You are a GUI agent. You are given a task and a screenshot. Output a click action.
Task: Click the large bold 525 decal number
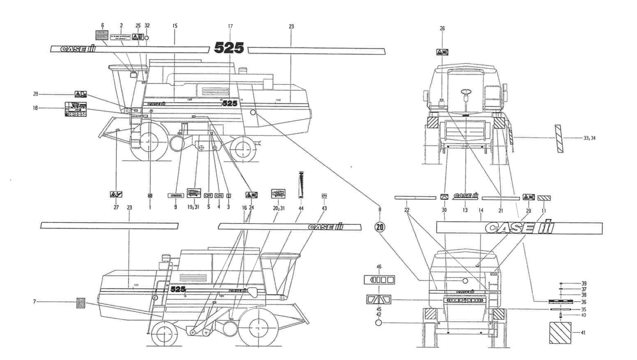pyautogui.click(x=229, y=48)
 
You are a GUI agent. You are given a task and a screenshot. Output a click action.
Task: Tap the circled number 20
pyautogui.click(x=379, y=227)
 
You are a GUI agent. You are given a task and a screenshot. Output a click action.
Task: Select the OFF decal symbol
pyautogui.click(x=208, y=196)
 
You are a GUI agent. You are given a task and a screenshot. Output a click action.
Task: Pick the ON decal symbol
pyautogui.click(x=219, y=196)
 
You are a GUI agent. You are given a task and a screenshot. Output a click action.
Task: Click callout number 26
pyautogui.click(x=442, y=29)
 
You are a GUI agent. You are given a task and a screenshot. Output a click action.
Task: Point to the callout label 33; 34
pyautogui.click(x=590, y=138)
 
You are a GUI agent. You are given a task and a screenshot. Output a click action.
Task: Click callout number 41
pyautogui.click(x=583, y=332)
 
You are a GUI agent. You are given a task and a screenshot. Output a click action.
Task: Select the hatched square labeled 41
pyautogui.click(x=560, y=333)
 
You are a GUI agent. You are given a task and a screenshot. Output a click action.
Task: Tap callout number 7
pyautogui.click(x=34, y=302)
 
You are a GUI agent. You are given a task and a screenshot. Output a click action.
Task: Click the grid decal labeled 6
pyautogui.click(x=102, y=35)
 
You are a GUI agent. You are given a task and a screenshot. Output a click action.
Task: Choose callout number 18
pyautogui.click(x=35, y=108)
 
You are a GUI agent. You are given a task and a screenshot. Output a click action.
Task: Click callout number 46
pyautogui.click(x=379, y=267)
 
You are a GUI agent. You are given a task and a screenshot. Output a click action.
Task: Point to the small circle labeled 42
pyautogui.click(x=379, y=323)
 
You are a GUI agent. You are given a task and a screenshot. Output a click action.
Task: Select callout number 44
pyautogui.click(x=301, y=209)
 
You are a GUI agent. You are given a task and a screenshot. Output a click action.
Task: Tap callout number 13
pyautogui.click(x=465, y=210)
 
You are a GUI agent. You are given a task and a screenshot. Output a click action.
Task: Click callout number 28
pyautogui.click(x=35, y=94)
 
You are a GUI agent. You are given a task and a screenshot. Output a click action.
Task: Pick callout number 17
pyautogui.click(x=230, y=26)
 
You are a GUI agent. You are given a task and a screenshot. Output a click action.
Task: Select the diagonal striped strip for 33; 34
pyautogui.click(x=559, y=139)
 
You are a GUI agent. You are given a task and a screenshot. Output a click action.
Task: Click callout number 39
pyautogui.click(x=584, y=283)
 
